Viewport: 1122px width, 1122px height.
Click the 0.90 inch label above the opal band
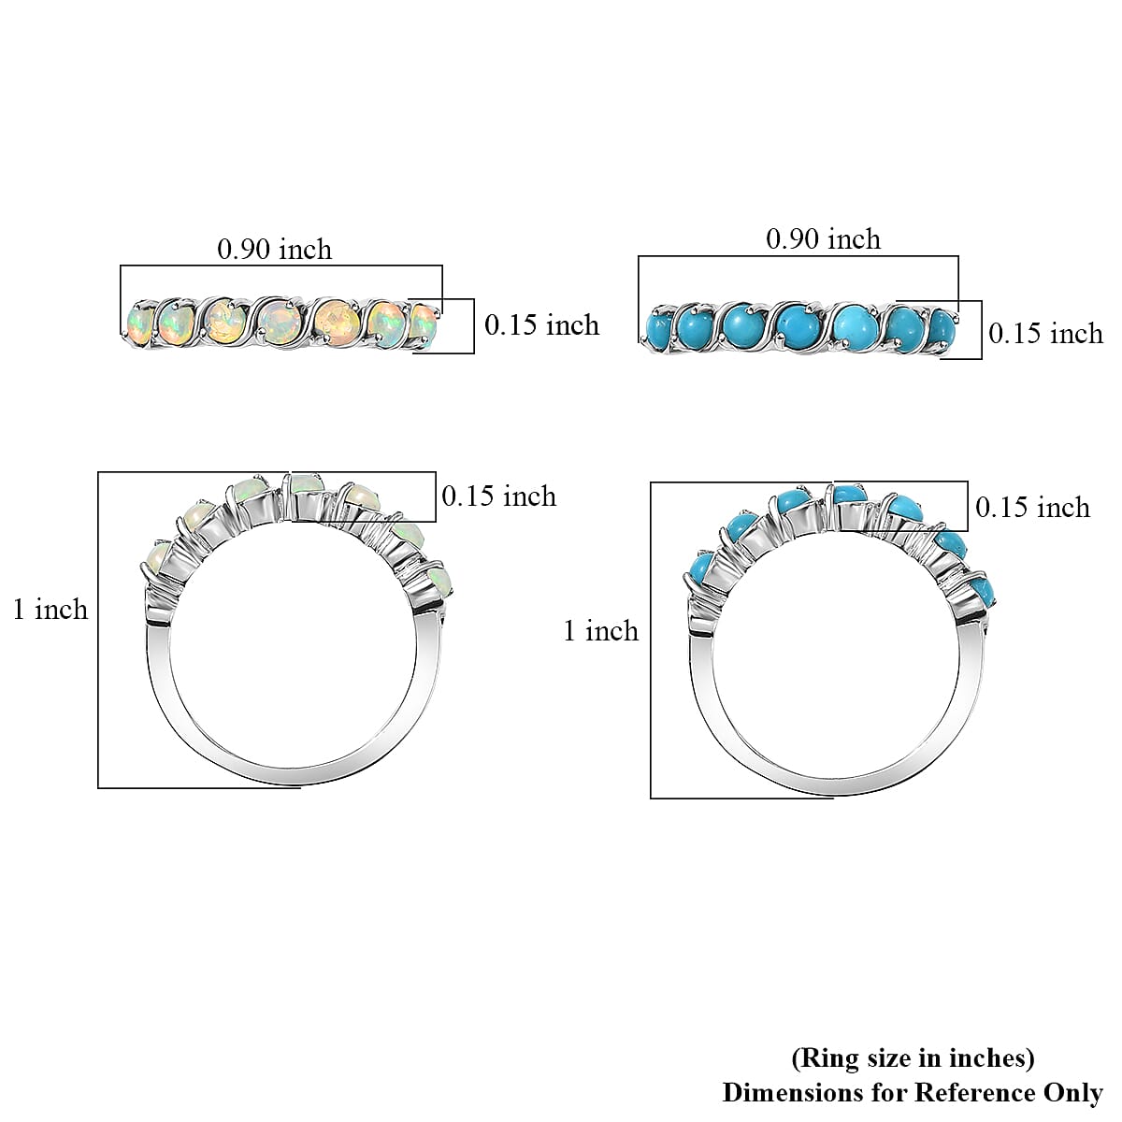pos(274,249)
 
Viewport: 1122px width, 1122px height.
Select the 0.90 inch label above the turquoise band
pos(823,239)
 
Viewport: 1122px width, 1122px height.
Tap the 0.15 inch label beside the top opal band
pos(541,324)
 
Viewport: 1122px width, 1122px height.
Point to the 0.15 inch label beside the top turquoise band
pos(1045,333)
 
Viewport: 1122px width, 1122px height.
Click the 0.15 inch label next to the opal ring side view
pos(498,496)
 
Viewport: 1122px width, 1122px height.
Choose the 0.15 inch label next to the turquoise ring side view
pos(1032,507)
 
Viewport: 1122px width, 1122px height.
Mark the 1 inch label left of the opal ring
pos(50,610)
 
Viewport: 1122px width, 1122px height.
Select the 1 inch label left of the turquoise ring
pos(600,631)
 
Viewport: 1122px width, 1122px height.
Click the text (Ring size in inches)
pos(913,1058)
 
